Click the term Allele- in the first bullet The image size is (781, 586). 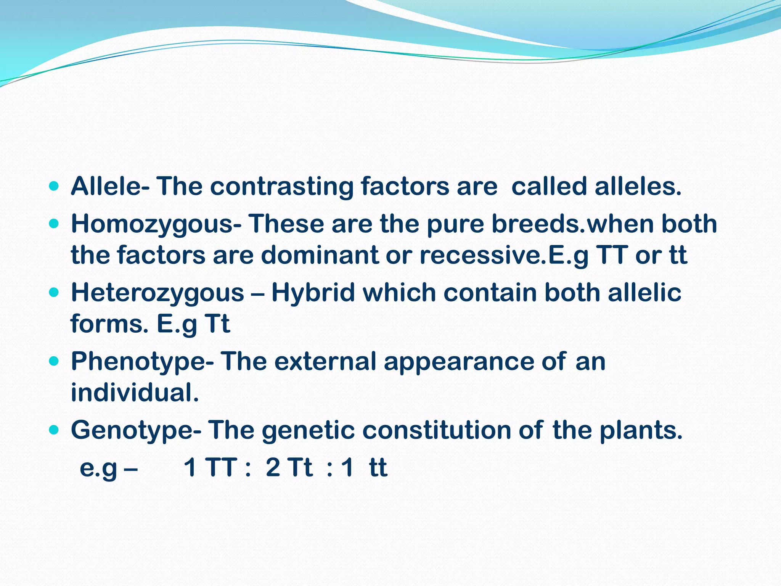110,187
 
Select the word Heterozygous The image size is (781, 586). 157,293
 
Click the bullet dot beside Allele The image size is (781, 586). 54,187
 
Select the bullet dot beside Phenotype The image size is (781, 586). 54,361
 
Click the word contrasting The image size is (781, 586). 282,187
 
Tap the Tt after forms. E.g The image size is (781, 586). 217,324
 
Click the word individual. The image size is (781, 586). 135,393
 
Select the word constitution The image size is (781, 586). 436,430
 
